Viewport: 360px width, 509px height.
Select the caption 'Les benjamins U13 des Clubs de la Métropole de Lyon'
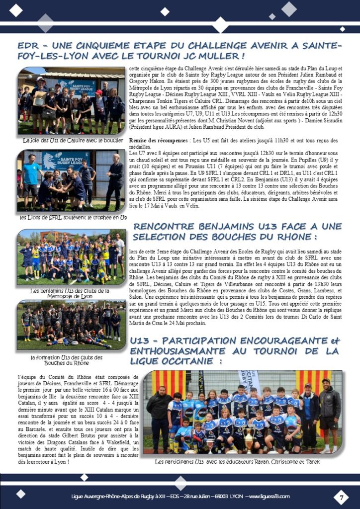pos(70,293)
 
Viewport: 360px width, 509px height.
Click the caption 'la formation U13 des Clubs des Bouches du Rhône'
pos(67,360)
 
